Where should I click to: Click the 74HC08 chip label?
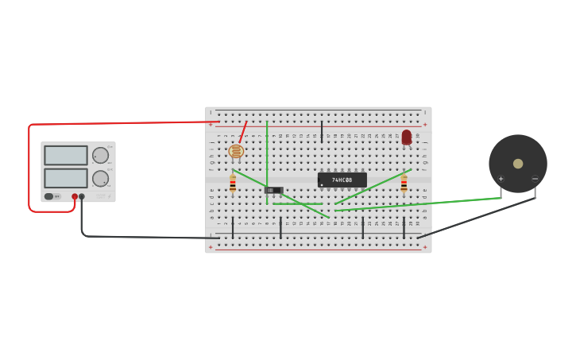[x=342, y=180]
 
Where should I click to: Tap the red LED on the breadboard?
[x=407, y=137]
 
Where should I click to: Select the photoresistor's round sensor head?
[x=236, y=151]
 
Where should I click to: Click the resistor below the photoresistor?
[x=233, y=184]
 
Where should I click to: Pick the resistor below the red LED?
[x=404, y=184]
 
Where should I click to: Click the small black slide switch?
[x=273, y=190]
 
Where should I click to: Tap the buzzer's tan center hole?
[x=518, y=164]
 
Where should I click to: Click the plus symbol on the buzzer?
[x=501, y=179]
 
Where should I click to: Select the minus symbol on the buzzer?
[x=535, y=179]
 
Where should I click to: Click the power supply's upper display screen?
[x=66, y=155]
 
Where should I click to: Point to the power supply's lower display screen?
[x=66, y=178]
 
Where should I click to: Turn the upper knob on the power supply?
[x=100, y=155]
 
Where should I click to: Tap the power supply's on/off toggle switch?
[x=49, y=196]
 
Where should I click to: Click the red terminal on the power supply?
[x=75, y=196]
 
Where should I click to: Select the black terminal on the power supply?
[x=82, y=196]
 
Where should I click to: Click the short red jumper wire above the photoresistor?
[x=243, y=131]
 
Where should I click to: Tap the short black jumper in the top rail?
[x=322, y=131]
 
